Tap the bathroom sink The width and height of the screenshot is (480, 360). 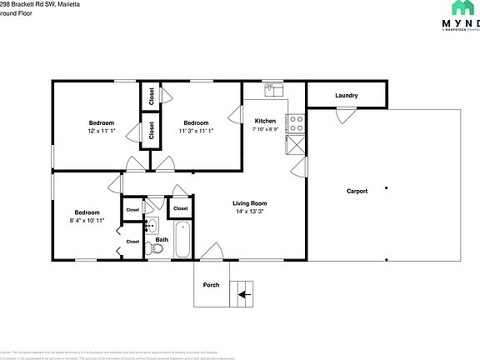[x=152, y=225]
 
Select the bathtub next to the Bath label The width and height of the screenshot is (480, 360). [x=182, y=237]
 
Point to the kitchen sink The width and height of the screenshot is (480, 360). [x=274, y=87]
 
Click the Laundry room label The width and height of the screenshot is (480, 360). [x=347, y=96]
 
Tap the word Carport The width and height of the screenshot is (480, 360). [x=357, y=191]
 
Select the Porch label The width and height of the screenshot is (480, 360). [x=212, y=285]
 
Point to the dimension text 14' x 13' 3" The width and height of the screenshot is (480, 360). [x=249, y=212]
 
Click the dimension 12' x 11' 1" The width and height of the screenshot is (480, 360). [x=101, y=131]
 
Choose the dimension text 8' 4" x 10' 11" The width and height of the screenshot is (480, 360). [x=87, y=221]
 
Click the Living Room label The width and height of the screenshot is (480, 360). [x=249, y=203]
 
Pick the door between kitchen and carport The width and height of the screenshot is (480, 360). [x=298, y=167]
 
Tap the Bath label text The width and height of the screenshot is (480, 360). [x=162, y=239]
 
